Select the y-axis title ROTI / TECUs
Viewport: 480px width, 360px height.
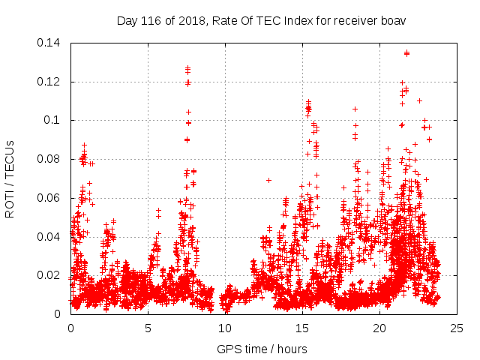point(10,178)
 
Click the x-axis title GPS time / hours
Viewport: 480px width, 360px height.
point(262,349)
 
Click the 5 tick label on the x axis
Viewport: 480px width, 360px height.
point(148,328)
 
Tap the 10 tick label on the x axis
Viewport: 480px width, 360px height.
point(226,328)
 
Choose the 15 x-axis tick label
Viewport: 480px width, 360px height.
point(303,328)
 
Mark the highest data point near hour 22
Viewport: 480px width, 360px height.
point(406,53)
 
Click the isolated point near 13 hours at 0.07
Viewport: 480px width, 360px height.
point(268,180)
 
